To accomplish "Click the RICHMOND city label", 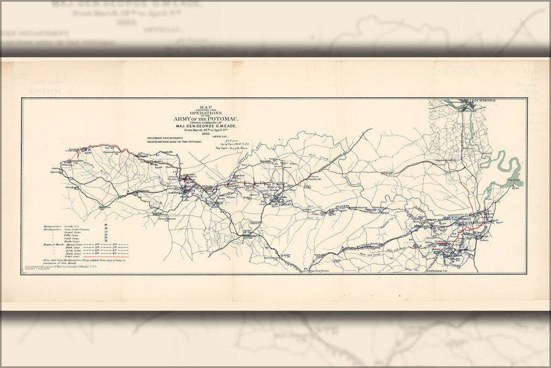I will pos(486,101).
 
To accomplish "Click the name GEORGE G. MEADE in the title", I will pos(208,126).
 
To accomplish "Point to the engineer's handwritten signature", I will pos(231,141).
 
